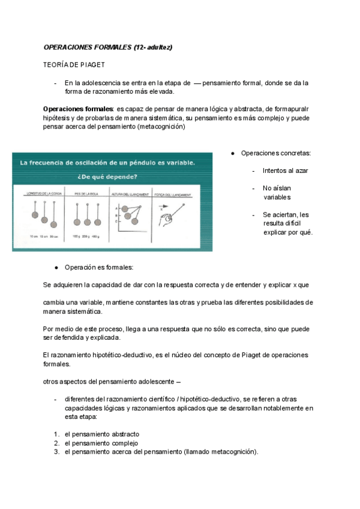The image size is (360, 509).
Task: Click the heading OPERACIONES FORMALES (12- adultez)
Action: (108, 47)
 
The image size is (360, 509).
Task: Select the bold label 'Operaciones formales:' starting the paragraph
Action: (79, 109)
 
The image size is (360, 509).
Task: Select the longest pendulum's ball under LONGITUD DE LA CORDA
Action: (53, 224)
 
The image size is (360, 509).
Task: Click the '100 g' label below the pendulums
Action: (76, 238)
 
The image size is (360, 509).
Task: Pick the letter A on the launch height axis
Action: (115, 207)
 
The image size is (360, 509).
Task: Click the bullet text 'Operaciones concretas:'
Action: (276, 154)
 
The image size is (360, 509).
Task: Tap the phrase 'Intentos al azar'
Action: (285, 171)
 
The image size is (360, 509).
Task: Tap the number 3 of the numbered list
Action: (55, 452)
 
